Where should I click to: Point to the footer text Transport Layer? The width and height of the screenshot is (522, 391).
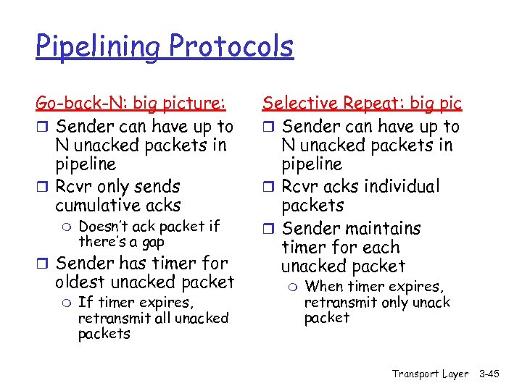point(430,374)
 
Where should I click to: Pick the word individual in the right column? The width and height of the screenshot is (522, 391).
point(402,186)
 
